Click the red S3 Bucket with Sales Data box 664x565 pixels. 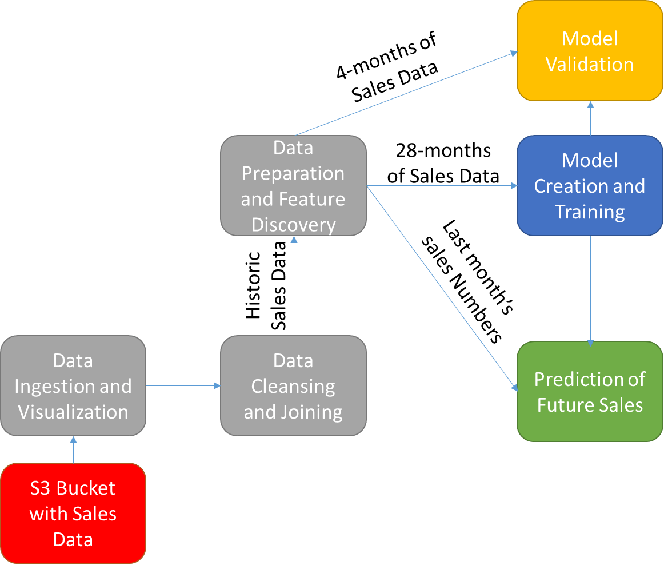(73, 513)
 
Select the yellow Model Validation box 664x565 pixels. (590, 51)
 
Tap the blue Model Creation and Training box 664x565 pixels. (590, 186)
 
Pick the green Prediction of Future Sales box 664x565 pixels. (590, 392)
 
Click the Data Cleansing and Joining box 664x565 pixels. (293, 386)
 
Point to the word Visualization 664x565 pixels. (73, 412)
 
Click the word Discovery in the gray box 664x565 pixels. (293, 225)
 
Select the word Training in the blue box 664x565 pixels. (590, 212)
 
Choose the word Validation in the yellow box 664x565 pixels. (590, 64)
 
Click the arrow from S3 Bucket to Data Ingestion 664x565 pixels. (73, 449)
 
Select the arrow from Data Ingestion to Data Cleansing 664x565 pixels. (183, 386)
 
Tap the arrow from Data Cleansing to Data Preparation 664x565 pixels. (293, 286)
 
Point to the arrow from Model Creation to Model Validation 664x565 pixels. (590, 119)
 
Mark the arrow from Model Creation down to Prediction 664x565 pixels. (590, 289)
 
